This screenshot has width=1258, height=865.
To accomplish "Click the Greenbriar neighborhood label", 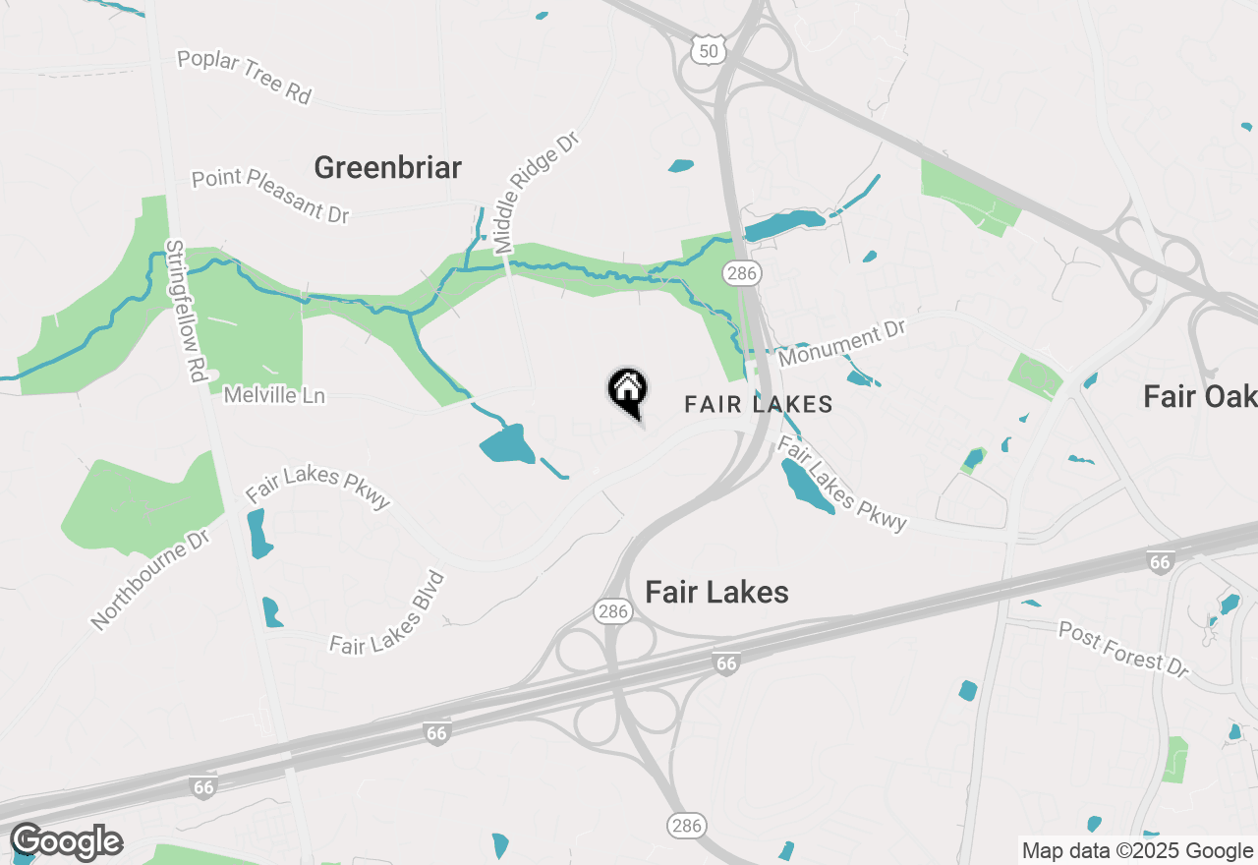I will tap(387, 167).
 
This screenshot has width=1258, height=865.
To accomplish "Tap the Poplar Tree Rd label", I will tap(245, 77).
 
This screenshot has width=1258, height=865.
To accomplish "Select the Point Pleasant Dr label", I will tap(270, 196).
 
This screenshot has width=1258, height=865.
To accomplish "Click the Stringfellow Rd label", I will tap(189, 310).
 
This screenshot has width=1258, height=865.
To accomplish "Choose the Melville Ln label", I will tap(274, 395).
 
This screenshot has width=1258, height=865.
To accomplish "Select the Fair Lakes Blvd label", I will tap(389, 613).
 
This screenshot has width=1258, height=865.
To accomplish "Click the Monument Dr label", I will tap(841, 341).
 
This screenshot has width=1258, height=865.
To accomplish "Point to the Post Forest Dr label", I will tap(1124, 649).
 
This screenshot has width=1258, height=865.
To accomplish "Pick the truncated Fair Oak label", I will tap(1200, 396).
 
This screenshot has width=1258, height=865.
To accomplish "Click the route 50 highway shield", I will tap(707, 50).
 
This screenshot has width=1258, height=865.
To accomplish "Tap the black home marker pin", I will tap(627, 392).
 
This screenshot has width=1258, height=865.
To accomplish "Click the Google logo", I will tap(66, 841).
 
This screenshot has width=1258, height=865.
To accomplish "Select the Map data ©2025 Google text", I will tap(1137, 851).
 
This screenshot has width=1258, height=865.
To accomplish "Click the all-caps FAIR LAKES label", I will tap(759, 404).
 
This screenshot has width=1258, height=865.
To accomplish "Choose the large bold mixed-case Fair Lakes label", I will tap(716, 592).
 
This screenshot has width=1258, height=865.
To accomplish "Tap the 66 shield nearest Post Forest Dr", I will tap(1161, 561).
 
